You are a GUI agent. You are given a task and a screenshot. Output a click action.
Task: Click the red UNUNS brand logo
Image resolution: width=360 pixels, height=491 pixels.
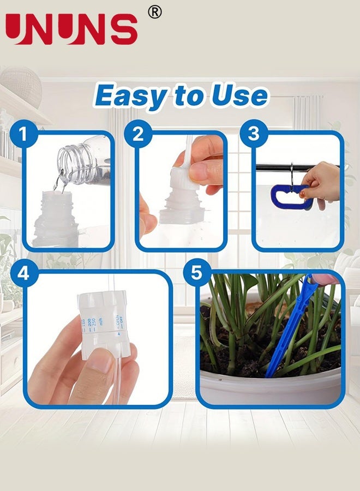[x=72, y=29]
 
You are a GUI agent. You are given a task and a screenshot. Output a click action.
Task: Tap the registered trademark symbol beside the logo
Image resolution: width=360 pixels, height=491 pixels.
[x=155, y=11]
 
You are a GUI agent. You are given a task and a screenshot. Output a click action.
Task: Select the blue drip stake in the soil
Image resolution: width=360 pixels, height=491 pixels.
[x=289, y=333]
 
